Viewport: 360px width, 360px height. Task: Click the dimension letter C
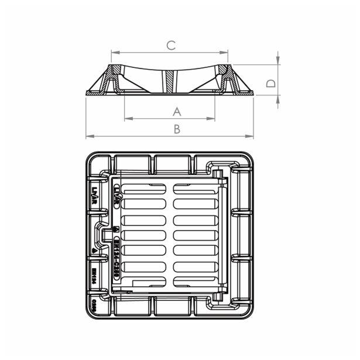pos(170,45)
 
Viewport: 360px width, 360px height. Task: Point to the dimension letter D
pos(270,83)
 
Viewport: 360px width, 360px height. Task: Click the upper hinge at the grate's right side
pos(217,174)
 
